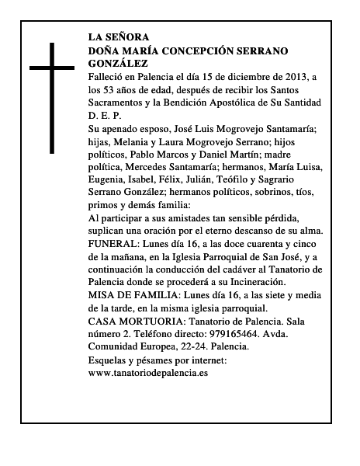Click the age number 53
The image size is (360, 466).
coord(112,89)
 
